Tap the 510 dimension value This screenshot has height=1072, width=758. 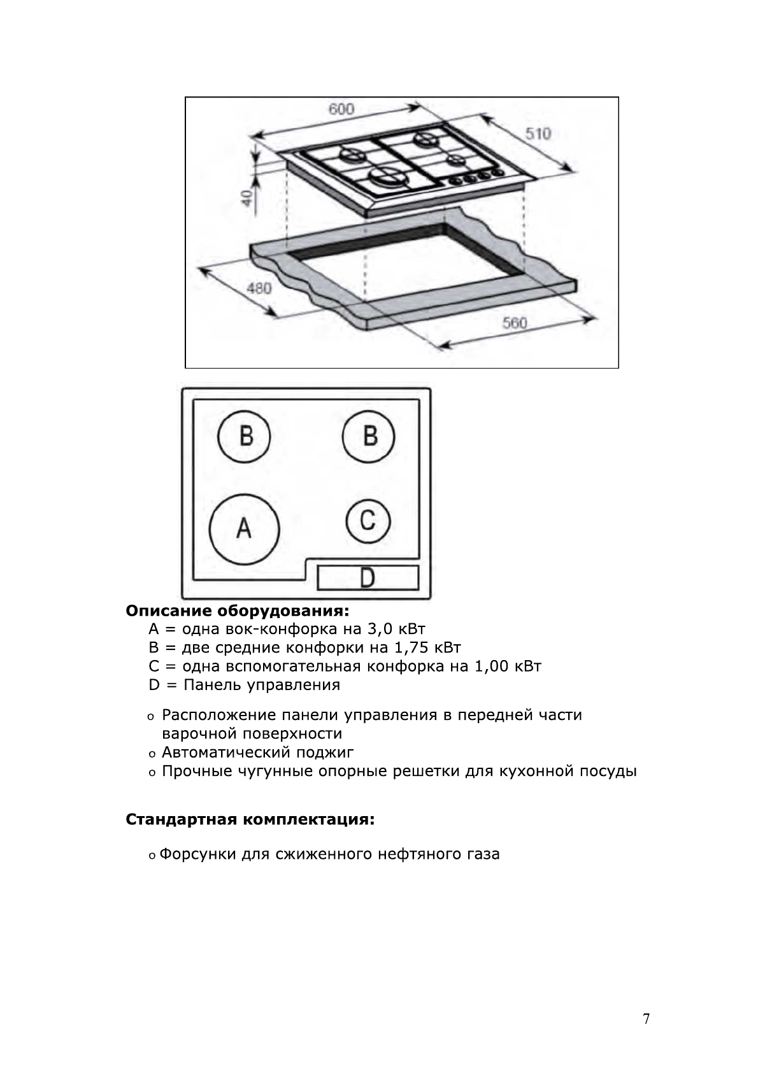tap(538, 134)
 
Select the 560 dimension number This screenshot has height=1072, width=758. tap(515, 323)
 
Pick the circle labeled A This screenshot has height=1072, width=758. tap(244, 528)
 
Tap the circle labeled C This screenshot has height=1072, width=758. tap(368, 521)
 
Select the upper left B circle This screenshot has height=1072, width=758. tap(245, 437)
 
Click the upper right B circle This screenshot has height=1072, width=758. tap(369, 437)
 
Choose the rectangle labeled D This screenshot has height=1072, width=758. tap(368, 577)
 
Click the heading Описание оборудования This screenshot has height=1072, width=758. tap(238, 611)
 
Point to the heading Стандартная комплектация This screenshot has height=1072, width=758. tap(250, 819)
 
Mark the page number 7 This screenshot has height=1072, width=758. tap(647, 1019)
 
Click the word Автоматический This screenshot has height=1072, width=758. tap(225, 752)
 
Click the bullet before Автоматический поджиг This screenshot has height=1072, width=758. tap(152, 754)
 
